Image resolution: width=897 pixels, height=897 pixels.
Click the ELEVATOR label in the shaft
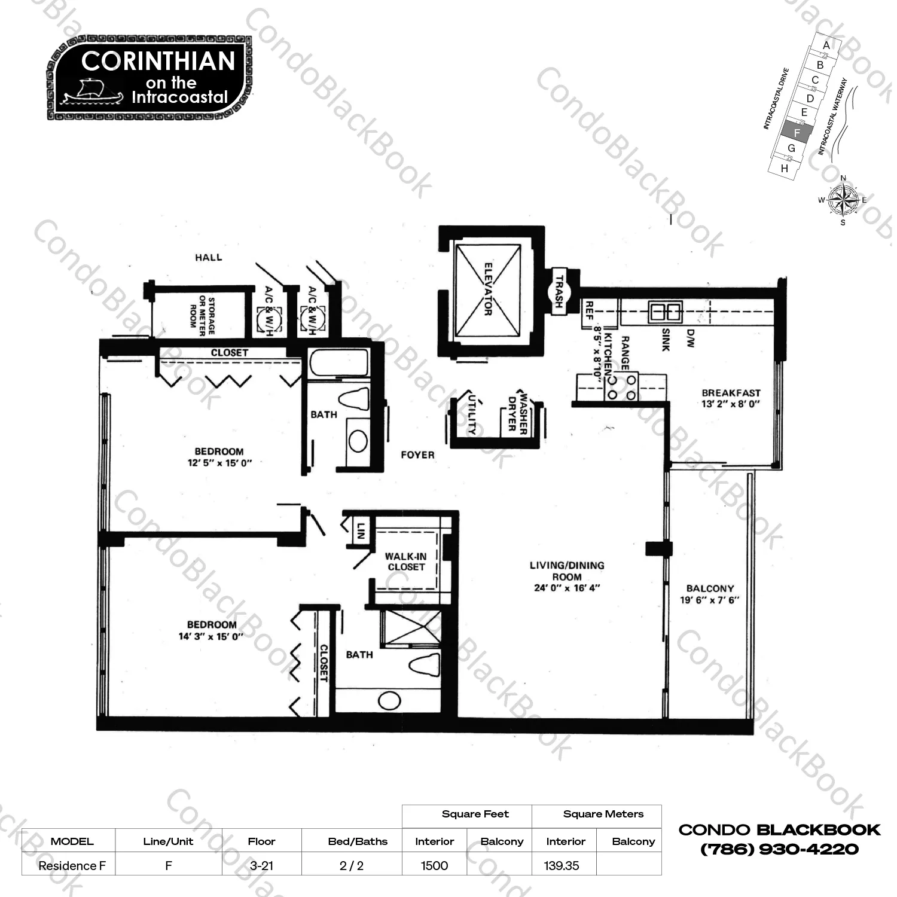pyautogui.click(x=488, y=289)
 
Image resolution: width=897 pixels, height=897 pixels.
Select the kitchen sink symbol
pyautogui.click(x=666, y=312)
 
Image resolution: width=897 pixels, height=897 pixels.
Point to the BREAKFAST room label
pyautogui.click(x=731, y=393)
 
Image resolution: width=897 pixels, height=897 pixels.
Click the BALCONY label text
pyautogui.click(x=710, y=588)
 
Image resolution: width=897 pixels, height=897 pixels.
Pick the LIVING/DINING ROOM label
pyautogui.click(x=567, y=571)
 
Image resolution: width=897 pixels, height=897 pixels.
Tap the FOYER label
pyautogui.click(x=417, y=455)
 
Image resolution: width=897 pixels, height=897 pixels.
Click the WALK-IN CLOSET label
pyautogui.click(x=406, y=562)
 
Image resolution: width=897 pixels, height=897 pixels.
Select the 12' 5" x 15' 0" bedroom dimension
pyautogui.click(x=219, y=463)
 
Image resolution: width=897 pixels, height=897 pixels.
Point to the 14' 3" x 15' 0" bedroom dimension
pyautogui.click(x=211, y=636)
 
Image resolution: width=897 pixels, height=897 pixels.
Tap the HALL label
pyautogui.click(x=208, y=258)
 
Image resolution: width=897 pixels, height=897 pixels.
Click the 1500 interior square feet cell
pyautogui.click(x=434, y=865)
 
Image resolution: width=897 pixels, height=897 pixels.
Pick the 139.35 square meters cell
pyautogui.click(x=562, y=865)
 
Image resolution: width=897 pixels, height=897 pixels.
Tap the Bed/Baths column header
pyautogui.click(x=358, y=841)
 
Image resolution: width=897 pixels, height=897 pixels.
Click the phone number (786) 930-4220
pyautogui.click(x=780, y=849)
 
